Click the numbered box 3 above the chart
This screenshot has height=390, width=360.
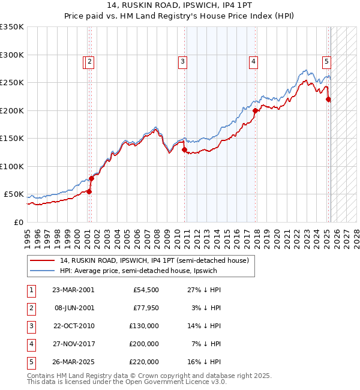pyautogui.click(x=182, y=61)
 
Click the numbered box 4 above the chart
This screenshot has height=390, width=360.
pyautogui.click(x=254, y=61)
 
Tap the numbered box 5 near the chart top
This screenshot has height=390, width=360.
pyautogui.click(x=326, y=61)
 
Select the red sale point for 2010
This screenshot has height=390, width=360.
pyautogui.click(x=185, y=150)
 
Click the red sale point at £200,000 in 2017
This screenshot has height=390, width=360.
pyautogui.click(x=256, y=110)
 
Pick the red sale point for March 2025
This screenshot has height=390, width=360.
pyautogui.click(x=329, y=100)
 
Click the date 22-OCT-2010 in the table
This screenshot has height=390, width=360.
pyautogui.click(x=73, y=326)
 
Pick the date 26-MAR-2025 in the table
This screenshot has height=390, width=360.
pyautogui.click(x=73, y=362)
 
